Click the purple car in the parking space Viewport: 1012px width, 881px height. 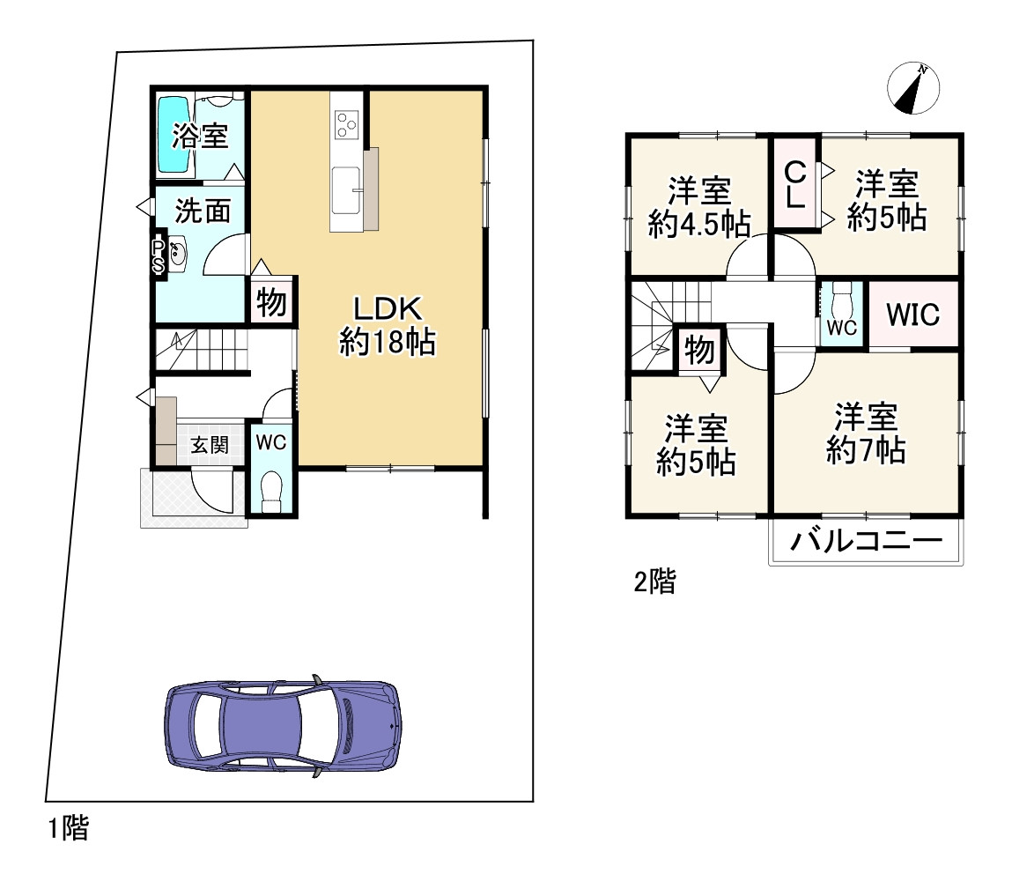click(283, 725)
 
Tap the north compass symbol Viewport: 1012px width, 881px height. click(913, 88)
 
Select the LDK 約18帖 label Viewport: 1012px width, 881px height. click(388, 325)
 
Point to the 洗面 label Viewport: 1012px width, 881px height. click(203, 211)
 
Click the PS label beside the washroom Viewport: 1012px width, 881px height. click(159, 256)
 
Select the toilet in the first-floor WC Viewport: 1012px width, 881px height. click(272, 492)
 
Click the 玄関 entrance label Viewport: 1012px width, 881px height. click(210, 445)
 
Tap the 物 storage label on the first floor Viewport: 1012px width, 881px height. click(272, 302)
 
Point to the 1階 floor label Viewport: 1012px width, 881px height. click(69, 828)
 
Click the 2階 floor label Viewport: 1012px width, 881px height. click(654, 581)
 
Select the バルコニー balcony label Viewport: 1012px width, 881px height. click(866, 541)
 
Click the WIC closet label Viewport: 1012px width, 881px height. click(912, 315)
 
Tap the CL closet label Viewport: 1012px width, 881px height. click(796, 185)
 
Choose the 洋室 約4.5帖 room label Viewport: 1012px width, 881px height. click(699, 207)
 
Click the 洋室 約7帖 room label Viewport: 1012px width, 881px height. click(866, 433)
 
